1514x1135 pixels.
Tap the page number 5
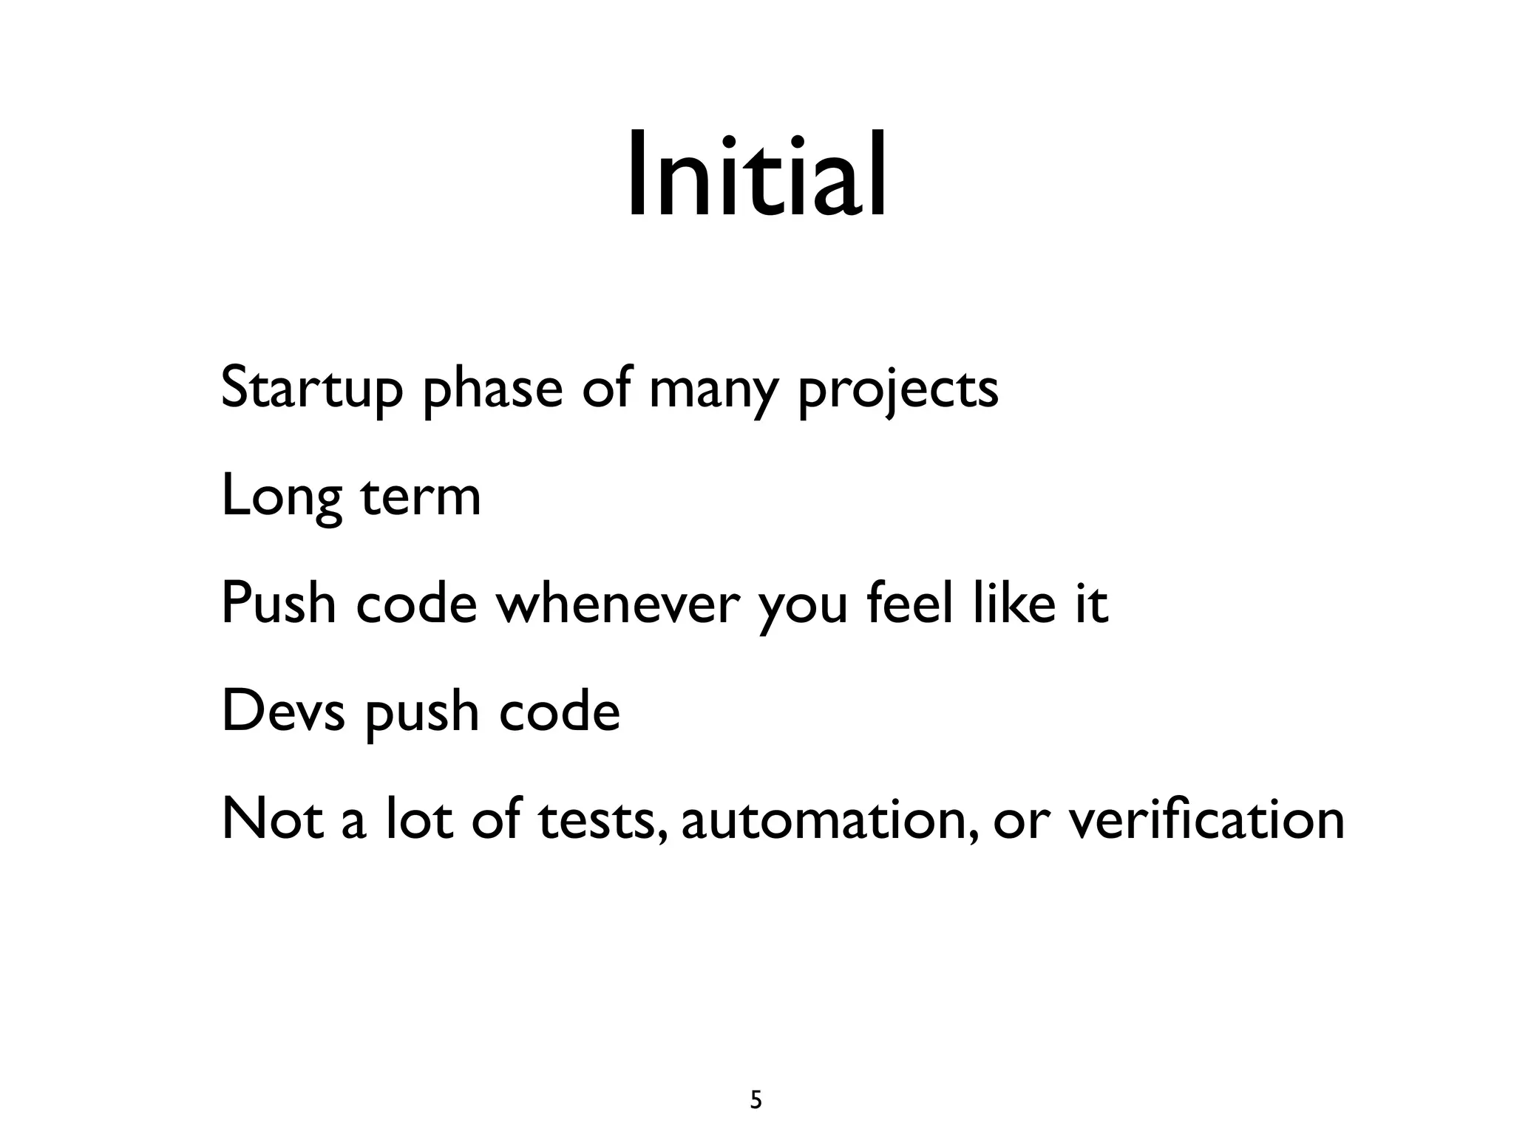(756, 1080)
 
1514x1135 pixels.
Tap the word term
(421, 497)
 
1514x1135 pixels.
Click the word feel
(909, 602)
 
